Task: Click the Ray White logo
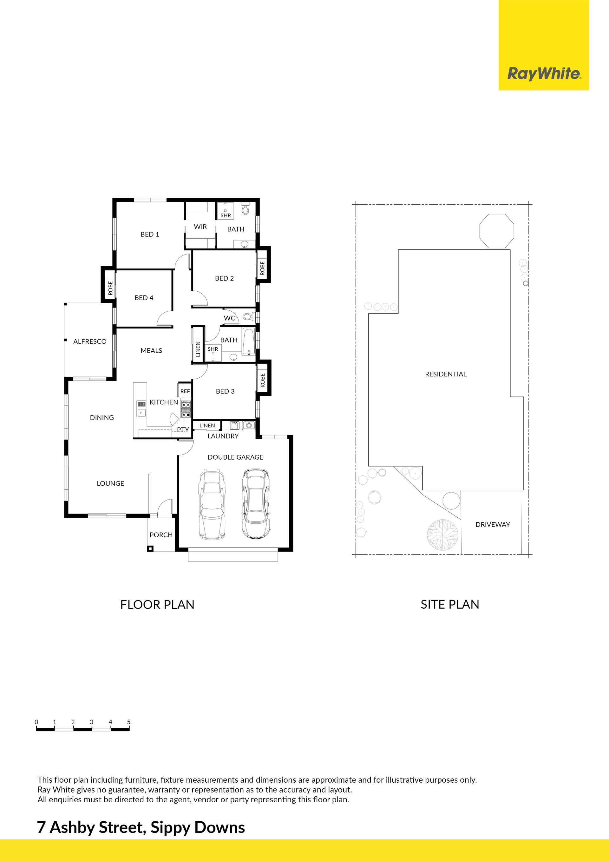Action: coord(544,74)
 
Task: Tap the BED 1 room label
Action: coord(150,234)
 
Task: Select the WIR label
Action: coord(200,227)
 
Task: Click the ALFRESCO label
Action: coord(90,341)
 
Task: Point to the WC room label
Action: coord(229,318)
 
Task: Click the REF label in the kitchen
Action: coord(185,391)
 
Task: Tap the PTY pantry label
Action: coord(183,429)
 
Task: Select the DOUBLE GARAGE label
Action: coord(235,457)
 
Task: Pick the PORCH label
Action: coord(161,534)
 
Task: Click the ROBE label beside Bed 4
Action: coord(110,288)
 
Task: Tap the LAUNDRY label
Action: coord(223,436)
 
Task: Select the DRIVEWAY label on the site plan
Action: coord(493,525)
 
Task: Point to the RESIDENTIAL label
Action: coord(446,374)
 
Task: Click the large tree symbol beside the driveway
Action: coord(443,534)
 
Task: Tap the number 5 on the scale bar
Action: coord(129,722)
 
